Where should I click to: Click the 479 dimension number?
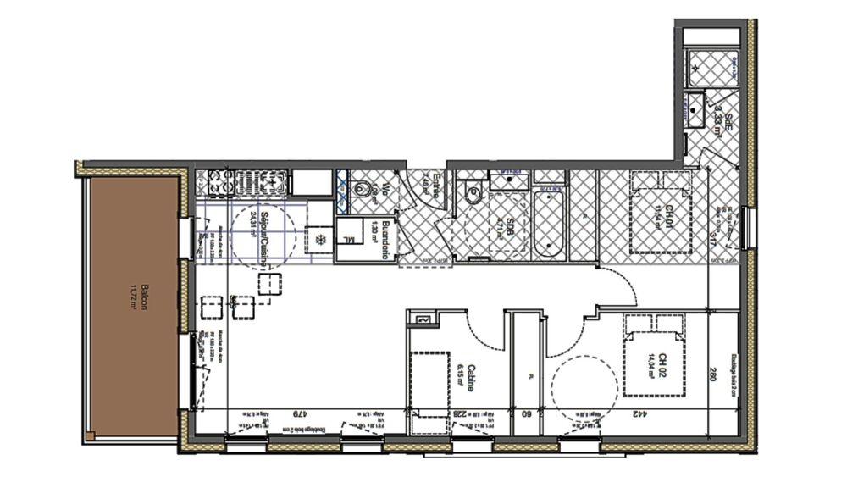[x=298, y=414]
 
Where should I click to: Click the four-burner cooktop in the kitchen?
[x=219, y=182]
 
